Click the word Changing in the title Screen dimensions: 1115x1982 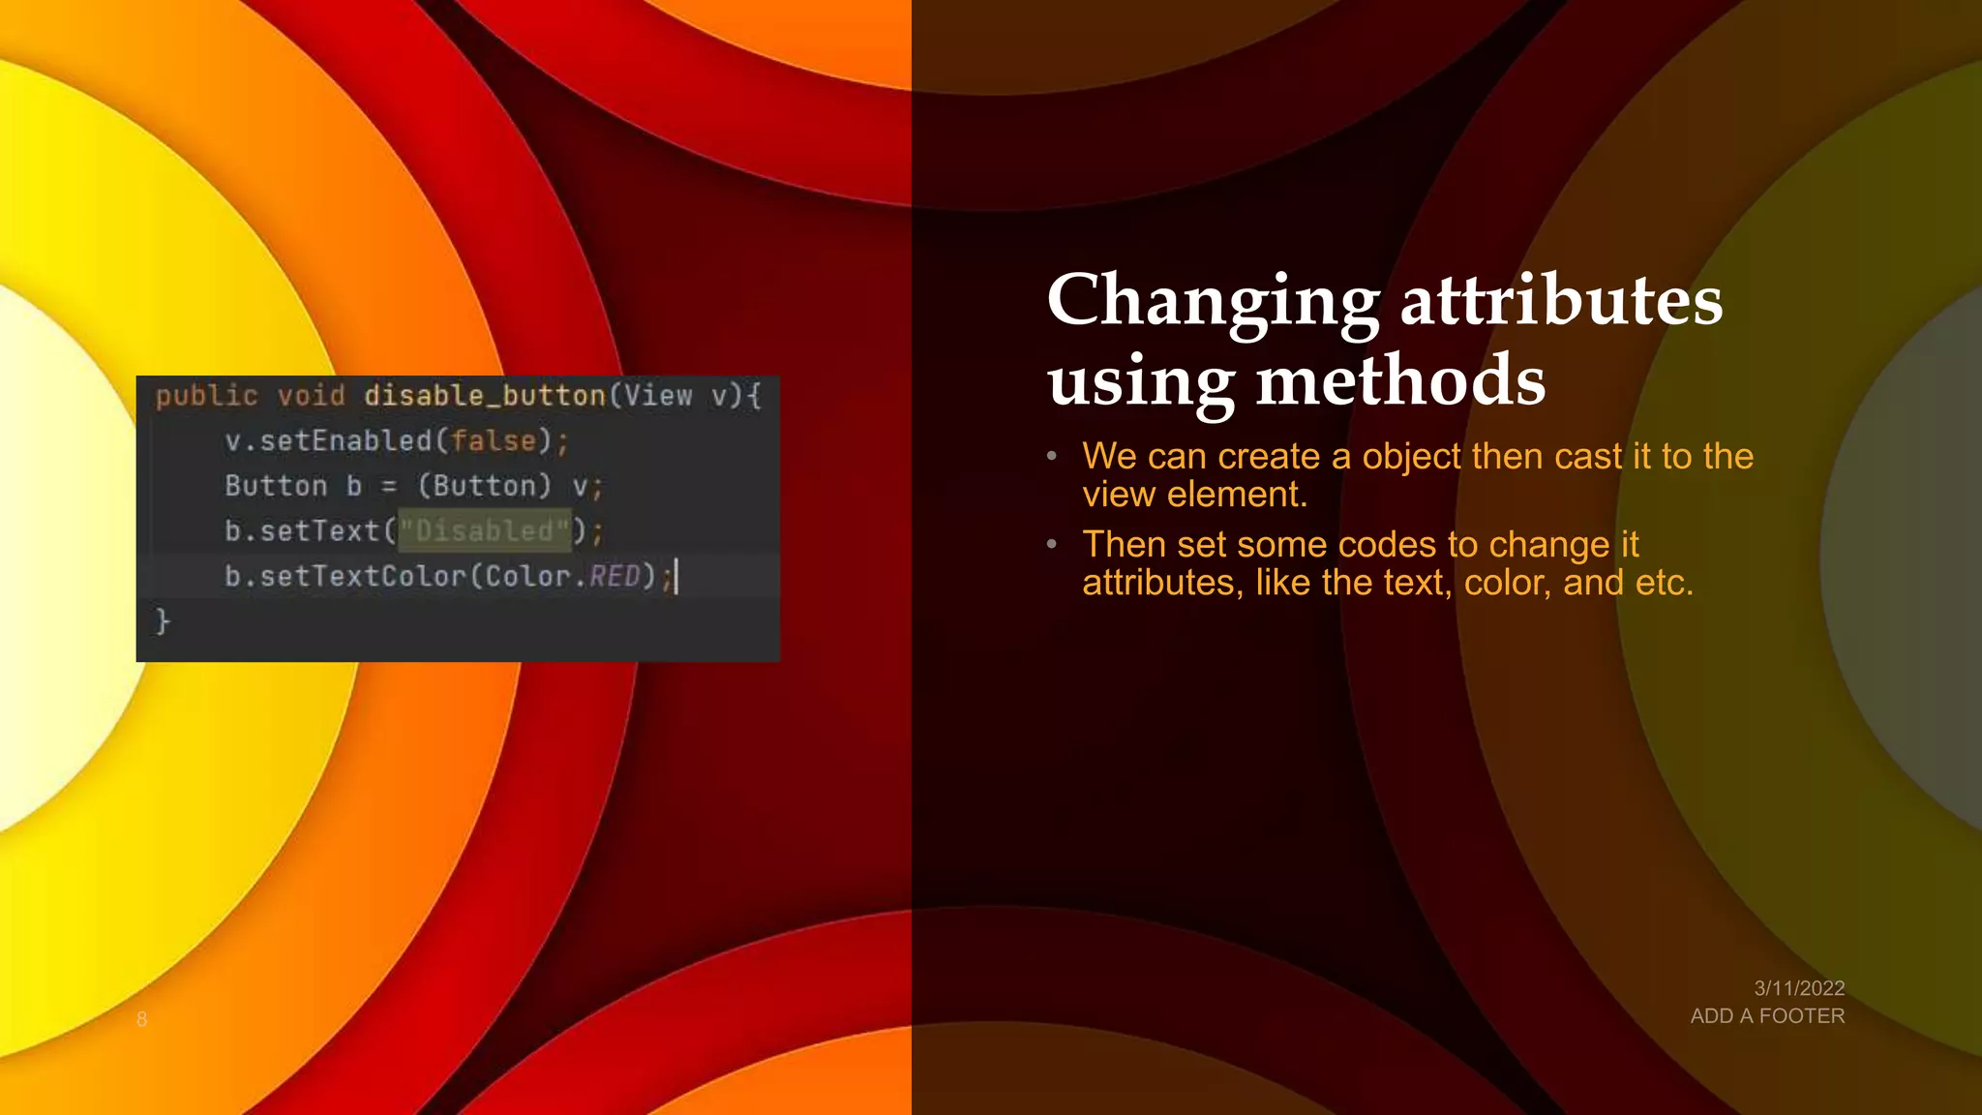tap(1213, 302)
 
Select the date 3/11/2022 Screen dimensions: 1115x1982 tap(1799, 988)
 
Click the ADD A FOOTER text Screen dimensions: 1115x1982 tap(1767, 1016)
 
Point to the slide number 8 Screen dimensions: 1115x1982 tap(141, 1019)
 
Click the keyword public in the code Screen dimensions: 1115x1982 tap(206, 396)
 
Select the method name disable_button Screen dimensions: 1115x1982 tap(484, 396)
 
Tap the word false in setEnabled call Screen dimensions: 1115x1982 tap(494, 441)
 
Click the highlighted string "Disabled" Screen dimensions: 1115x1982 tap(485, 530)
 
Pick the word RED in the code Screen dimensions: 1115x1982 tap(615, 577)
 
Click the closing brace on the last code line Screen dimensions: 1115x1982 tap(163, 620)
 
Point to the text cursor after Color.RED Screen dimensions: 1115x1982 tap(676, 577)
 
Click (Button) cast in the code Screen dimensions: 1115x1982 tap(484, 486)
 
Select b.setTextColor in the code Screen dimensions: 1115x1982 tap(345, 577)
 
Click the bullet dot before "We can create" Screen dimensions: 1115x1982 tap(1051, 456)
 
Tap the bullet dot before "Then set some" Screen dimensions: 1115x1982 tap(1051, 545)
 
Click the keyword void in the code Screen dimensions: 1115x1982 tap(311, 396)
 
